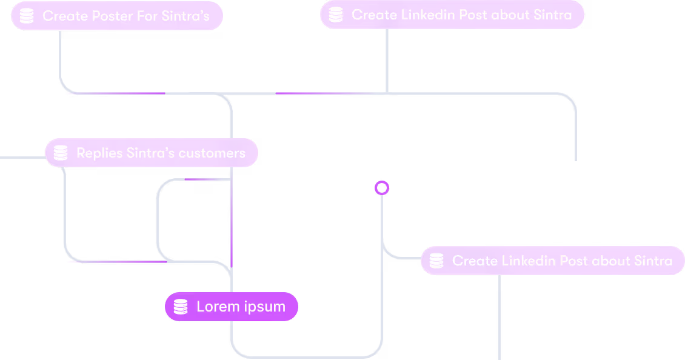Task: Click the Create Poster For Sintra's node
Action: (x=117, y=16)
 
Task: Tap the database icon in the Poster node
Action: (x=27, y=16)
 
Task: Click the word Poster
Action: (x=102, y=16)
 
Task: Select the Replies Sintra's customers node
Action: (x=152, y=153)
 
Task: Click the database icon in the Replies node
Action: (x=61, y=153)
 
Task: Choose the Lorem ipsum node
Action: (x=232, y=307)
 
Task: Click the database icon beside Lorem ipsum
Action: (x=181, y=307)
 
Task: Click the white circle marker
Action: (x=381, y=188)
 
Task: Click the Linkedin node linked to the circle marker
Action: (x=552, y=261)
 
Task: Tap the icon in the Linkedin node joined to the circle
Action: (x=436, y=261)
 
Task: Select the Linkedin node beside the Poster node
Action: (x=452, y=15)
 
